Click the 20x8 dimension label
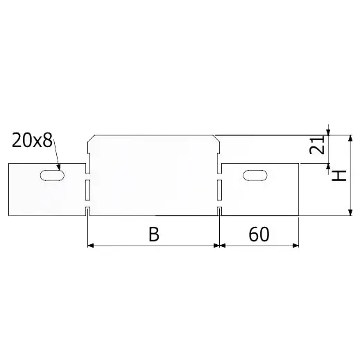32,140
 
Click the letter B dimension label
154,234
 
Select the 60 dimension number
259,234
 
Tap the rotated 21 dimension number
317,145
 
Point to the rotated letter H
339,175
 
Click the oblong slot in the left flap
52,175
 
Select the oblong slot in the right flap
255,175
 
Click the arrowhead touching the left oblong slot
59,167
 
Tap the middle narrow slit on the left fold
88,190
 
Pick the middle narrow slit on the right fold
219,190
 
